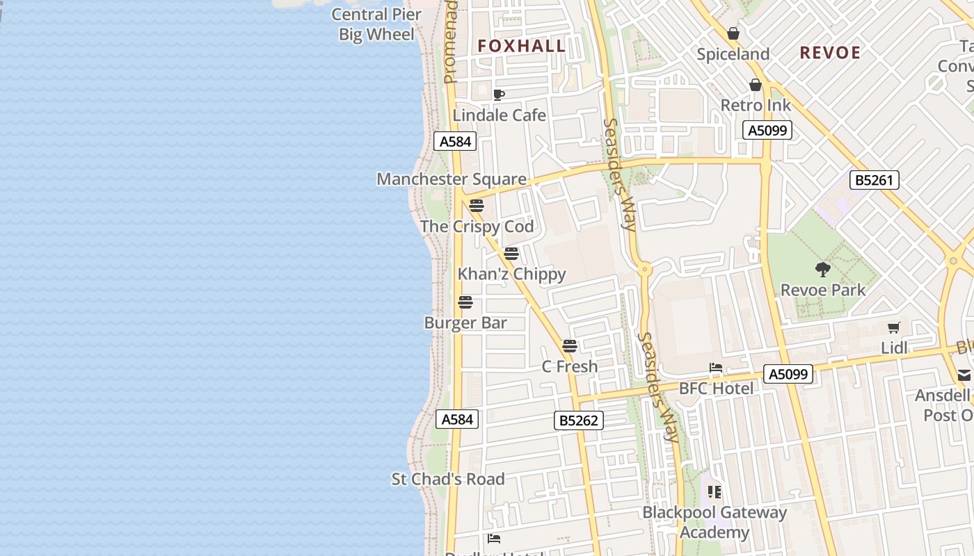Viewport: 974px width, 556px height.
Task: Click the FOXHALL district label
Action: (521, 47)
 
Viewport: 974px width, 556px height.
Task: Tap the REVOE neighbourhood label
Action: (830, 53)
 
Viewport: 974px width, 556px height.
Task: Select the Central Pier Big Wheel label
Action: (376, 24)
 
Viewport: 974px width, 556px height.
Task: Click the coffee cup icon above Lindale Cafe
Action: (498, 95)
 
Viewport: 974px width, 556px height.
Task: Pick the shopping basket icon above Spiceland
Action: (733, 33)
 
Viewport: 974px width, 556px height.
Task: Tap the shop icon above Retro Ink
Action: (756, 85)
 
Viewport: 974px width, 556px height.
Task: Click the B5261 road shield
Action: (875, 180)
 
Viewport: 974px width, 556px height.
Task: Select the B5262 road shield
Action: (579, 420)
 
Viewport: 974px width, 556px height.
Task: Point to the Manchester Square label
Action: (452, 179)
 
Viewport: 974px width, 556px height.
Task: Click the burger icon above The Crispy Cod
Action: (477, 206)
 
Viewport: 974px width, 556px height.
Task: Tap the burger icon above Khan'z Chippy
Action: (511, 254)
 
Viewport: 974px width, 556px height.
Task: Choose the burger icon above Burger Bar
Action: (465, 302)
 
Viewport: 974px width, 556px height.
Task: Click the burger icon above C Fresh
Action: (570, 346)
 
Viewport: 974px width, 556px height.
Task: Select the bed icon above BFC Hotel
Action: (716, 368)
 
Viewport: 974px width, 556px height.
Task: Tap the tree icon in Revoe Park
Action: (823, 270)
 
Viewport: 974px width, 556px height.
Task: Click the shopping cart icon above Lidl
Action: (894, 327)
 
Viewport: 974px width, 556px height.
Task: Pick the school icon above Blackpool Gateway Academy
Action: (714, 492)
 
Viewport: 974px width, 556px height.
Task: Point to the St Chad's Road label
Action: (448, 479)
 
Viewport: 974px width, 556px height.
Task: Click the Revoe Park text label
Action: (823, 290)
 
